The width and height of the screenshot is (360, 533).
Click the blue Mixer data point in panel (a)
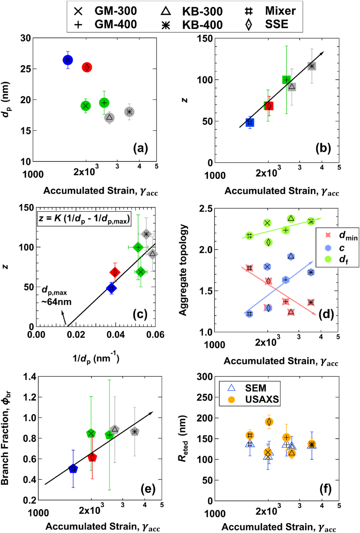click(68, 60)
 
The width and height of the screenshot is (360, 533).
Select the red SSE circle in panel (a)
click(87, 68)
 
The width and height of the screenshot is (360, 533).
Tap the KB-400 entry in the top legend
click(192, 25)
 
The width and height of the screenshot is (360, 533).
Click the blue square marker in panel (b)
click(250, 123)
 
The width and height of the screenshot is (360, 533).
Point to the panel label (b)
click(323, 148)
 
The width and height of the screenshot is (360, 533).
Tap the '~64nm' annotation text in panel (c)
click(56, 302)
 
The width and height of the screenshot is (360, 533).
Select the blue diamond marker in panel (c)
click(111, 288)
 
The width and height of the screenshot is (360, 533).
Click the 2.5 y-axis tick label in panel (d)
click(206, 209)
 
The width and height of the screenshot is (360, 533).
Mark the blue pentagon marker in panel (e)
click(73, 469)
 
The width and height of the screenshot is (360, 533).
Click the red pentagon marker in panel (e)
click(92, 457)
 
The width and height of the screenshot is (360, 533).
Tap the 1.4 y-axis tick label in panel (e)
click(30, 377)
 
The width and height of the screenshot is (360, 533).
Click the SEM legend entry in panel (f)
click(249, 388)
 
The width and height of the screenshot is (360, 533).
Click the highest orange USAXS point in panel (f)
click(269, 422)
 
